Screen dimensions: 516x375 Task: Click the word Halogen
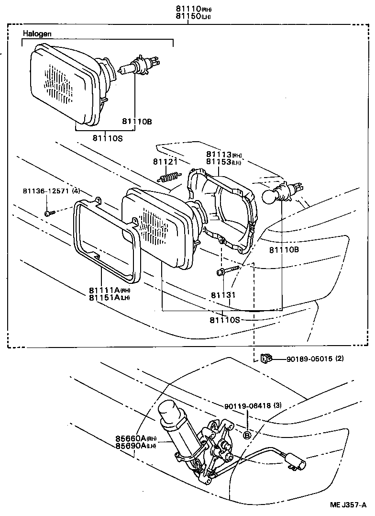coord(37,34)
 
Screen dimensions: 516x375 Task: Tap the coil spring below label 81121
coord(169,178)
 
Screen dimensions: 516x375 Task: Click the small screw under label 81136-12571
coord(48,213)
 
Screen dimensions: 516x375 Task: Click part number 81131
coord(223,295)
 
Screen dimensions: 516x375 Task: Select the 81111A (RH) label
coord(109,290)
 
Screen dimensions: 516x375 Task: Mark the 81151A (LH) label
coord(109,298)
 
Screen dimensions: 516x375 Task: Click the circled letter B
coord(247,435)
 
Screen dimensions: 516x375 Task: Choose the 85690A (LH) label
coord(135,446)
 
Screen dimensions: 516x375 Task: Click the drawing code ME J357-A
coord(348,505)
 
